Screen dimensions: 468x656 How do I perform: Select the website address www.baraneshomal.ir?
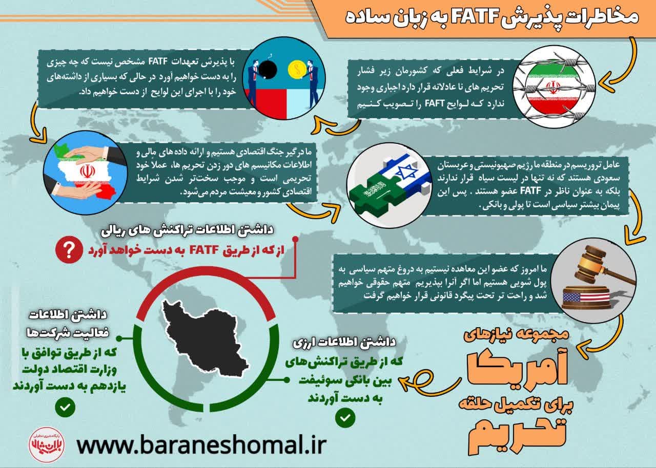coord(201,444)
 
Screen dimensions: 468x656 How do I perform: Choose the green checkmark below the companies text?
coord(65,408)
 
